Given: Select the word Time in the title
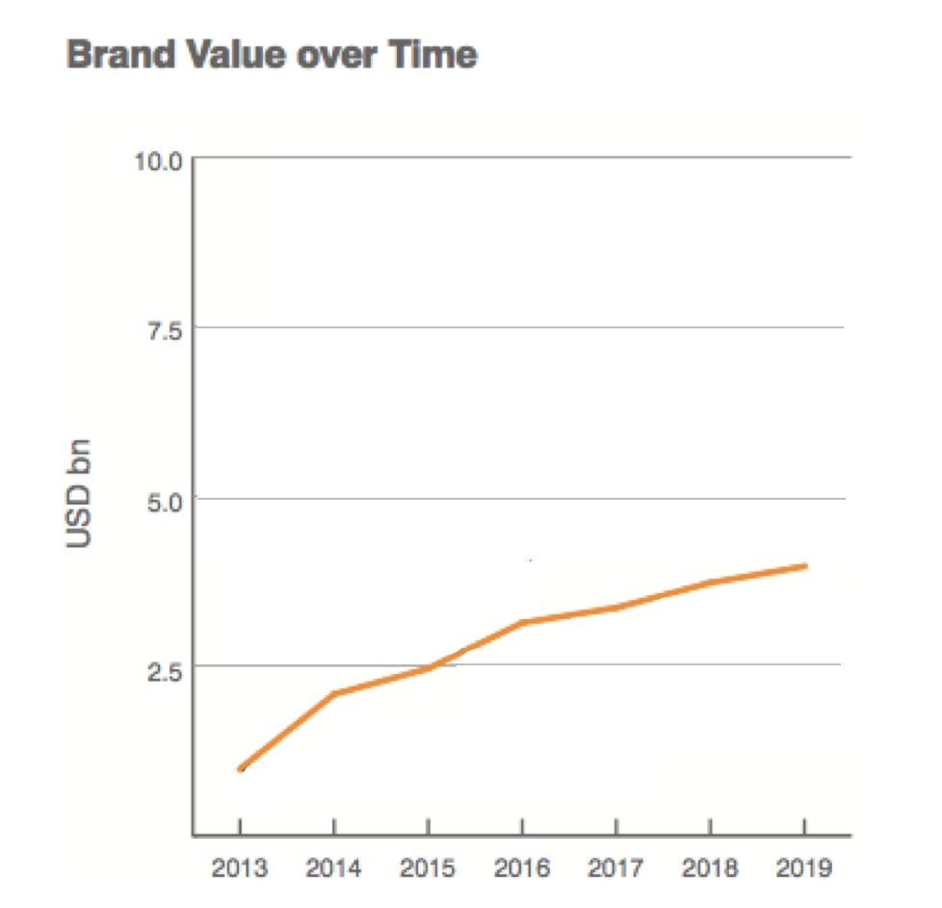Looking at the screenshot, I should [433, 55].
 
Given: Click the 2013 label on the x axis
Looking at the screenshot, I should [240, 869].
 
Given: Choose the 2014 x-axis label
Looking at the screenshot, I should [333, 869].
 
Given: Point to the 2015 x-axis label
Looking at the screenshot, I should [428, 869].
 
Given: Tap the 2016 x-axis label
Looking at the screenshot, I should [521, 869].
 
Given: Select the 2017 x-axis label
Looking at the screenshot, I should [615, 869].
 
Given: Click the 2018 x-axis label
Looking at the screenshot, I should [710, 869].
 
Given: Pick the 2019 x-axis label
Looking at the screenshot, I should [804, 869].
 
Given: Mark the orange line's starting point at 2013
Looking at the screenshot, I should [240, 768].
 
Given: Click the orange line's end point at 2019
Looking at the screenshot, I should [804, 566].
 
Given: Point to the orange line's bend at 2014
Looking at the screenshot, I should [333, 693].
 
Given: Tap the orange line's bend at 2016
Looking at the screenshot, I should [521, 623].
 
